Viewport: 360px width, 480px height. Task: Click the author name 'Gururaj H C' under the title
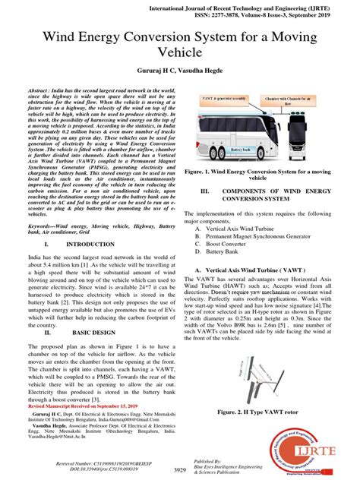(x=154, y=70)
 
